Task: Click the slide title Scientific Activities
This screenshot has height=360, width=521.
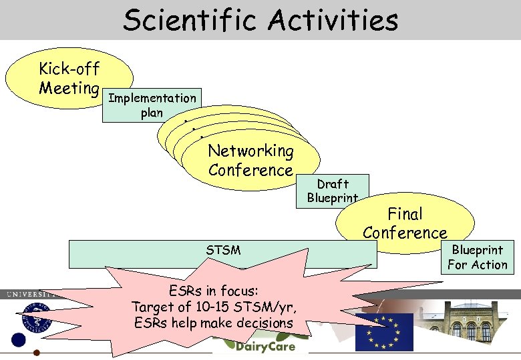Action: [260, 20]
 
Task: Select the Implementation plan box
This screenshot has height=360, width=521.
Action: [152, 105]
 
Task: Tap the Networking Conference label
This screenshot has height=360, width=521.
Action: [250, 161]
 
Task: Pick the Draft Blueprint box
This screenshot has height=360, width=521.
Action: [333, 191]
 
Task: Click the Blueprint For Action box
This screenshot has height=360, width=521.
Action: [478, 257]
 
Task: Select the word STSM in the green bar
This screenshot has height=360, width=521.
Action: [223, 251]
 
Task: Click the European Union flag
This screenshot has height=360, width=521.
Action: [384, 331]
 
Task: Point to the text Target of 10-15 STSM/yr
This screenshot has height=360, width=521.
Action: [214, 307]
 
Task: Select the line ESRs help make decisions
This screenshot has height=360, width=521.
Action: [214, 323]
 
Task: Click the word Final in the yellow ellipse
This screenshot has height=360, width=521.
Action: [405, 214]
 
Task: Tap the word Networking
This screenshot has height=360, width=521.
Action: [250, 151]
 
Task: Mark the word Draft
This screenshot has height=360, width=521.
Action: [333, 184]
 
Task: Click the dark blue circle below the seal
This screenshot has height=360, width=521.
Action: [18, 340]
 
